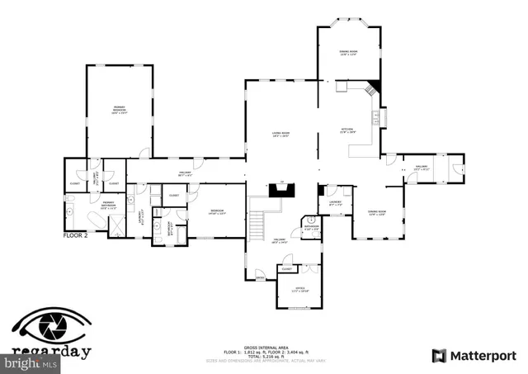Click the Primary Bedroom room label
(x=120, y=110)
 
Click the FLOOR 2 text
(x=78, y=235)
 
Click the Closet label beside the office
(x=286, y=268)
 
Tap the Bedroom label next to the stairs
(x=216, y=212)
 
